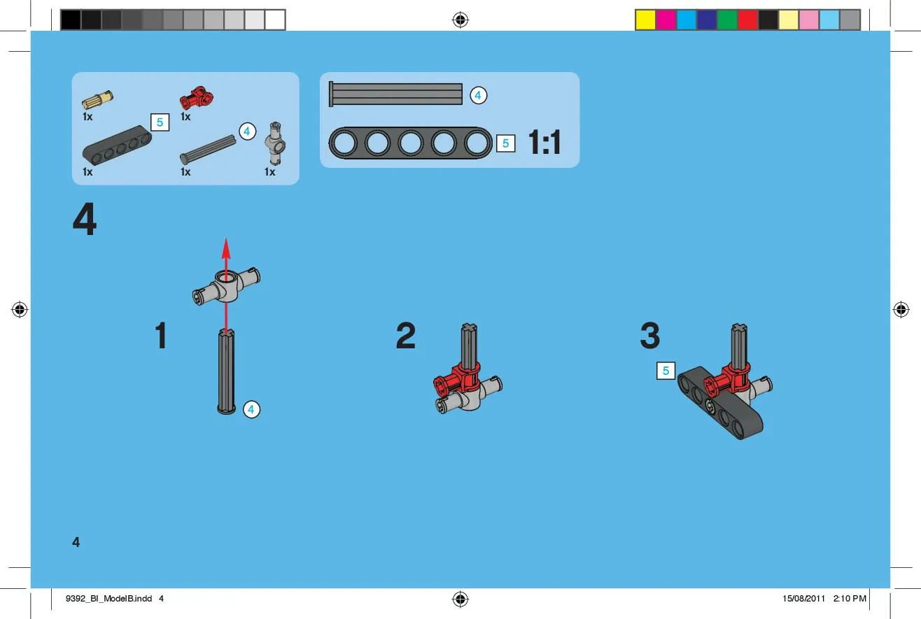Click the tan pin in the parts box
(x=97, y=99)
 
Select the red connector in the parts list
(x=197, y=97)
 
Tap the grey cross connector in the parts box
(x=275, y=143)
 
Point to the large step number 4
(x=85, y=219)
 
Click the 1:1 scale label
(x=544, y=142)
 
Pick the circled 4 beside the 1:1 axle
(x=478, y=95)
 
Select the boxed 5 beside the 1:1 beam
(x=506, y=143)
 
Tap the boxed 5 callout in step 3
(x=666, y=371)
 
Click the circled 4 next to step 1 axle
(x=251, y=409)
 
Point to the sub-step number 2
(x=405, y=336)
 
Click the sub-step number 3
(x=650, y=336)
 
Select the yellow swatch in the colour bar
(x=645, y=20)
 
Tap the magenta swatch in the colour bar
(x=666, y=20)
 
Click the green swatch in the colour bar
(x=727, y=20)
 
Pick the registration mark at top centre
(x=460, y=20)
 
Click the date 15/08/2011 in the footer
(x=803, y=599)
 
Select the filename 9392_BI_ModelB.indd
(x=109, y=599)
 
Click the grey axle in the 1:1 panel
(x=395, y=94)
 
